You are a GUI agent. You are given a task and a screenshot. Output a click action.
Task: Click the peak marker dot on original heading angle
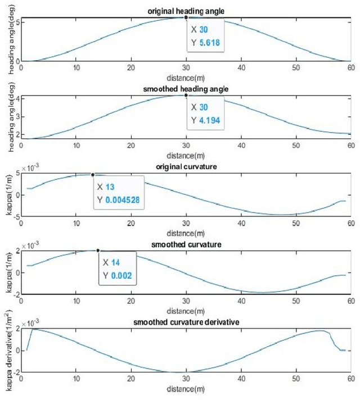186,17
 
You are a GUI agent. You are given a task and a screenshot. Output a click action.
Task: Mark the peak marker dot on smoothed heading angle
186,95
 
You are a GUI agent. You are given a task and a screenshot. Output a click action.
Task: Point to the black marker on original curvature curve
93,175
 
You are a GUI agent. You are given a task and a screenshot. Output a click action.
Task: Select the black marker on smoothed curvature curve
98,251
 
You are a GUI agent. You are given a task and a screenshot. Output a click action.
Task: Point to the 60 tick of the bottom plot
350,378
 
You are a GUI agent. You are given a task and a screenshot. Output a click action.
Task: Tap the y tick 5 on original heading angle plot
16,22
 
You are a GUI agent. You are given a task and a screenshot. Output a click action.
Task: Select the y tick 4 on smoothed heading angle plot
16,98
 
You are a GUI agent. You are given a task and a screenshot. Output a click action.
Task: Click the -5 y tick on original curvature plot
15,216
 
